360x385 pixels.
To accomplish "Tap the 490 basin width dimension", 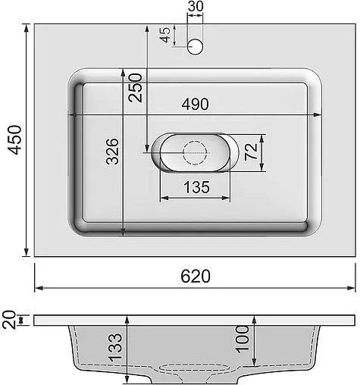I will (195, 105).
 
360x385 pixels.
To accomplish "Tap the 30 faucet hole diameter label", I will (195, 7).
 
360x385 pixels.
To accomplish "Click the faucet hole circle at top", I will (195, 47).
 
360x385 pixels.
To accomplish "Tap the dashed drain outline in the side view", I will (195, 368).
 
